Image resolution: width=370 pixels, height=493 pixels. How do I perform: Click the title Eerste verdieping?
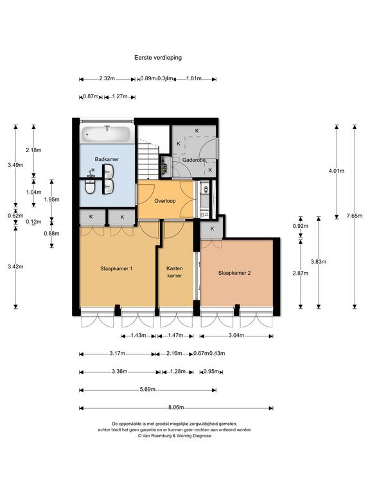click(158, 58)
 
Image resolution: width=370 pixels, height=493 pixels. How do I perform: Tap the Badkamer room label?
click(107, 159)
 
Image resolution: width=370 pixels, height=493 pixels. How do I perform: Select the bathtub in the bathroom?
click(106, 134)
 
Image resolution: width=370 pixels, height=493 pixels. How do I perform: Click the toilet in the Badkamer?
click(91, 186)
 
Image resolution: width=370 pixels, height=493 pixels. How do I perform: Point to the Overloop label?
click(165, 201)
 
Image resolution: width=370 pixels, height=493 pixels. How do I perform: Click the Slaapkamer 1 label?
click(116, 268)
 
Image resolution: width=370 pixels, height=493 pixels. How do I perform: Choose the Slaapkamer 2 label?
click(234, 273)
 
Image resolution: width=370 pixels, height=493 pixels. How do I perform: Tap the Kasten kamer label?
click(175, 272)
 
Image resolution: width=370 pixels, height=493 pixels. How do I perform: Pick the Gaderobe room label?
click(194, 160)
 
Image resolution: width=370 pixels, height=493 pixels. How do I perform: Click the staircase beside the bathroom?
click(148, 158)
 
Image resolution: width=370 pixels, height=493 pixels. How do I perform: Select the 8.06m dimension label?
click(176, 407)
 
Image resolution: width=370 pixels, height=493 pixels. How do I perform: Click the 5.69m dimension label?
click(148, 389)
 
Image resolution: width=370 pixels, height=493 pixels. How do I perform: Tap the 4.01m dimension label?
click(337, 171)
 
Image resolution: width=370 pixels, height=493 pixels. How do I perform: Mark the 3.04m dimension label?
click(236, 335)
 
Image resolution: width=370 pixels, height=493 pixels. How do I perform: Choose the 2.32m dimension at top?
click(107, 78)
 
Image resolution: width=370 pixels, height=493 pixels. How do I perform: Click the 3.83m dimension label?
click(319, 262)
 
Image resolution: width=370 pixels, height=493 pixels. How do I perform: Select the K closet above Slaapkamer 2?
click(212, 229)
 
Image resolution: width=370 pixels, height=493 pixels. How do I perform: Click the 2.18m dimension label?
click(33, 150)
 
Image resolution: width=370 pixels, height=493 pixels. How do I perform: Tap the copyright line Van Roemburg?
click(175, 436)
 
